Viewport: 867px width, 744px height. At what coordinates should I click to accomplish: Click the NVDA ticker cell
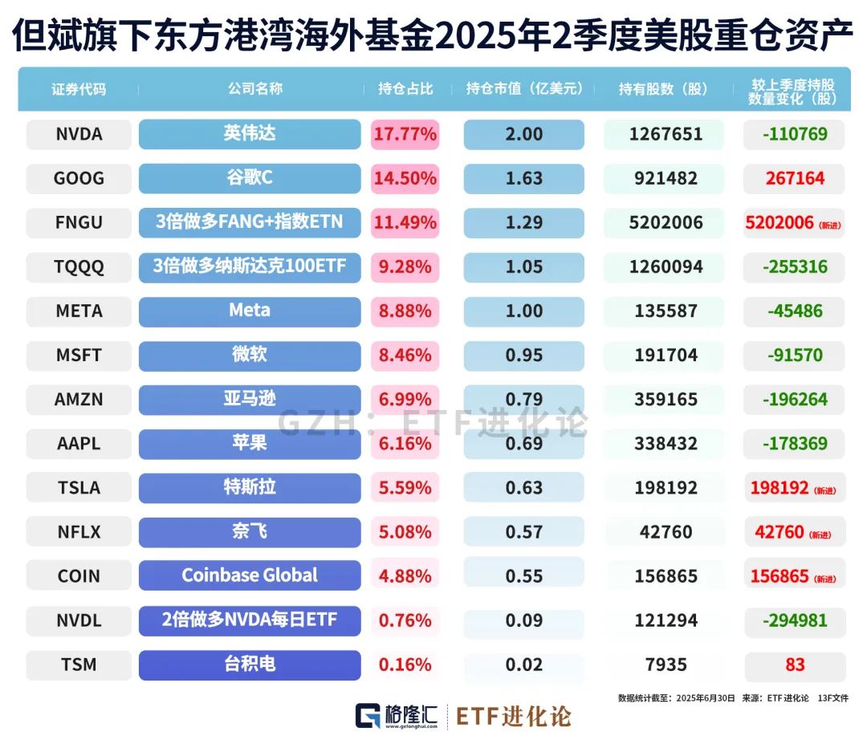[79, 134]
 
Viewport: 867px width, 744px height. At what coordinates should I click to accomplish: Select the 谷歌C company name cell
[249, 178]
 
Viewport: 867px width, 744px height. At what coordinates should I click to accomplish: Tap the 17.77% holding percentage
[405, 134]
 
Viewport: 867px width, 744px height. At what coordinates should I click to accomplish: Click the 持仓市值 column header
[524, 89]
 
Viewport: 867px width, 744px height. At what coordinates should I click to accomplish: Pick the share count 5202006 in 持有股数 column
[666, 222]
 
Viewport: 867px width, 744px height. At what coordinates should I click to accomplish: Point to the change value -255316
[795, 266]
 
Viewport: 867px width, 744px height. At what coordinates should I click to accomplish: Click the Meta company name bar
[249, 311]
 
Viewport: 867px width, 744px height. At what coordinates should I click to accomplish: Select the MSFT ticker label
[79, 355]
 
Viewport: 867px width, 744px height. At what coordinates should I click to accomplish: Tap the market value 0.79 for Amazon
[523, 399]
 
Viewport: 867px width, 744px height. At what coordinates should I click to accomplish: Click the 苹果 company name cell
[249, 443]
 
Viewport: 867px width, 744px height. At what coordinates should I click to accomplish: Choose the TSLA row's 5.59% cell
[405, 487]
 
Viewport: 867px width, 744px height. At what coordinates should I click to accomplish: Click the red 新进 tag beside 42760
[820, 535]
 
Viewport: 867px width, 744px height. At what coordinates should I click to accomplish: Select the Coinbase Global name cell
[249, 575]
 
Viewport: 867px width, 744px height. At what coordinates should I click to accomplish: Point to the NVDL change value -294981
[795, 620]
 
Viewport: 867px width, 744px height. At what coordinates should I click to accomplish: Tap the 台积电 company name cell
[249, 665]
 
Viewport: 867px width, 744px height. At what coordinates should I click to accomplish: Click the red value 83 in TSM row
[795, 665]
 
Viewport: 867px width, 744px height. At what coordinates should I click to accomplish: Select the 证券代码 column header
[79, 89]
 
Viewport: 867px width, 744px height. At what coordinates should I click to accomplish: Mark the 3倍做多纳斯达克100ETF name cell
[249, 266]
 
